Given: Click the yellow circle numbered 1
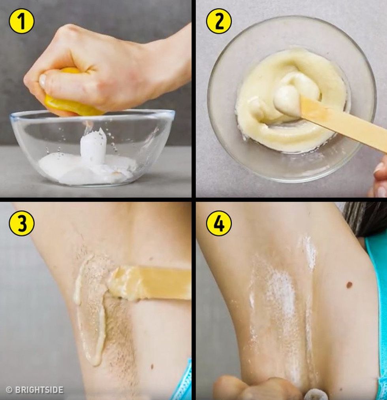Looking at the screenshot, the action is pyautogui.click(x=21, y=21).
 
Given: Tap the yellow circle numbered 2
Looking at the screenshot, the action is pyautogui.click(x=219, y=21).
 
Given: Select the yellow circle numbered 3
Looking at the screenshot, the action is pyautogui.click(x=21, y=223).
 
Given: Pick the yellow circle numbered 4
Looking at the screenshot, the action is pyautogui.click(x=219, y=223).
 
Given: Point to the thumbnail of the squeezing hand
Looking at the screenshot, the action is pyautogui.click(x=43, y=80).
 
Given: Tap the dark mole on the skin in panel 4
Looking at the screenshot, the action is pyautogui.click(x=349, y=284).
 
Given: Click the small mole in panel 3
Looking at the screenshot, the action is pyautogui.click(x=152, y=366).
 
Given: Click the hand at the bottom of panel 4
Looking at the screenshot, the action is pyautogui.click(x=257, y=388).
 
